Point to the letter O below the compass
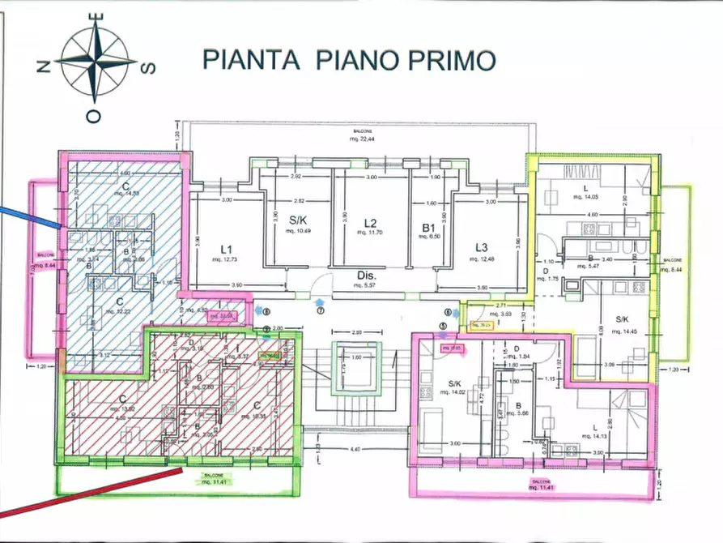click(95, 117)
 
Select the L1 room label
click(227, 248)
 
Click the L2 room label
click(371, 223)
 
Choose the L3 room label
click(482, 247)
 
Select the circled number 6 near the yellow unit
click(446, 312)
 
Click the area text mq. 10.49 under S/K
click(300, 231)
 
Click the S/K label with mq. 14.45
click(622, 319)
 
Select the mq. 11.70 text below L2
click(370, 233)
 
